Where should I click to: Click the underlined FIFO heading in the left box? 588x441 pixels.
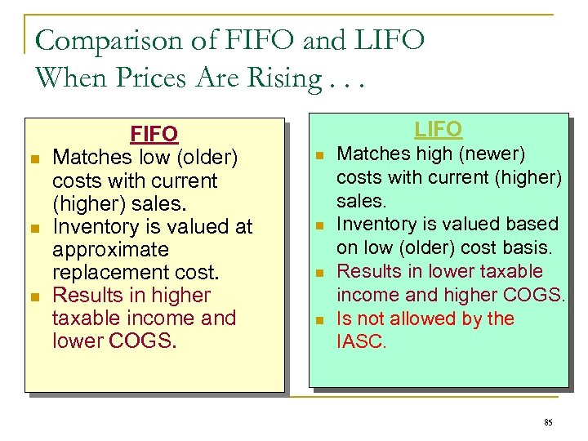[154, 133]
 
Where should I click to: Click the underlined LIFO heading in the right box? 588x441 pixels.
[438, 129]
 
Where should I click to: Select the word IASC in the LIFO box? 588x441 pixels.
[360, 341]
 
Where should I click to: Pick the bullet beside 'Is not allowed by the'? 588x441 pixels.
[320, 319]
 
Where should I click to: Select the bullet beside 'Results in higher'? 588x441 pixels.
[35, 296]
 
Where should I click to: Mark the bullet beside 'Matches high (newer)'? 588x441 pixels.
[320, 155]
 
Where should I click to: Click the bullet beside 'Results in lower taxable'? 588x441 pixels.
[320, 272]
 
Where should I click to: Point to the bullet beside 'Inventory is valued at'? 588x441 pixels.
[35, 227]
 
